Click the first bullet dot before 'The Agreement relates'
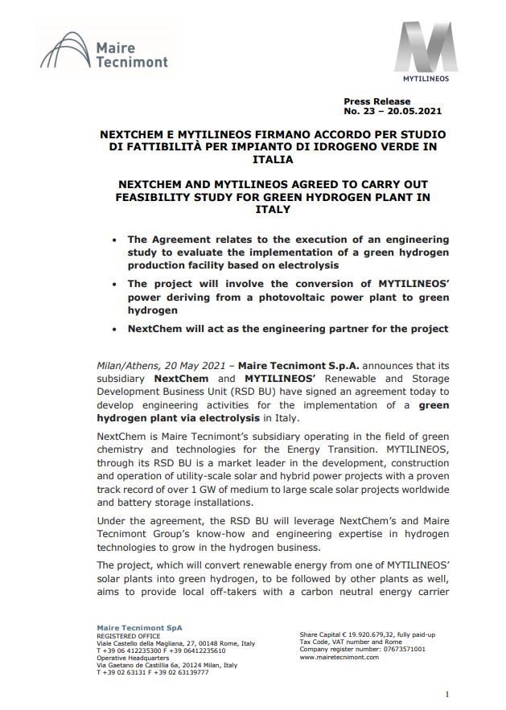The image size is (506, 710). click(117, 240)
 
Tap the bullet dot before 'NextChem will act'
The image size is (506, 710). click(117, 329)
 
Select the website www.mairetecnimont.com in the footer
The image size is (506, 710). click(339, 657)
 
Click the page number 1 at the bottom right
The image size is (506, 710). click(446, 694)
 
